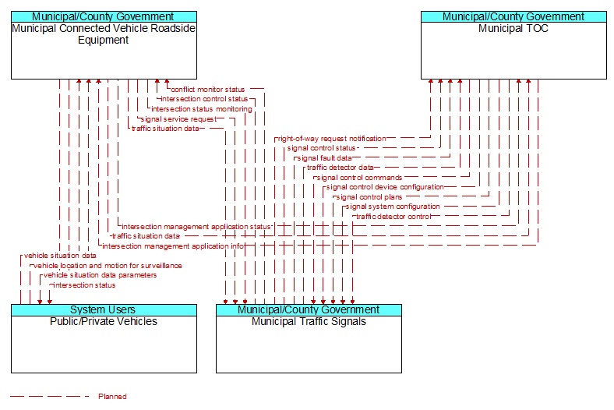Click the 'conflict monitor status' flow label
click(208, 90)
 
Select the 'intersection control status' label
click(204, 99)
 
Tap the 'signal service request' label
click(178, 119)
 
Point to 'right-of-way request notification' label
click(332, 139)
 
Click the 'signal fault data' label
click(325, 158)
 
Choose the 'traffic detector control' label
click(393, 217)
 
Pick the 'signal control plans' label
click(369, 197)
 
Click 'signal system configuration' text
click(393, 207)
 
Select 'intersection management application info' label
click(173, 246)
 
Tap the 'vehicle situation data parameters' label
click(101, 275)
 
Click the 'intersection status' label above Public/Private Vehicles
click(84, 285)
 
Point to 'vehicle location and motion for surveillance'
click(108, 266)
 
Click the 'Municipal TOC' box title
click(513, 29)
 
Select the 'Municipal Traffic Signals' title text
click(309, 321)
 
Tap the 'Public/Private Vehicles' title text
click(104, 321)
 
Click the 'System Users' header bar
click(104, 310)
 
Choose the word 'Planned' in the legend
click(112, 396)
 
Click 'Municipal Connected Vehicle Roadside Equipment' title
click(104, 34)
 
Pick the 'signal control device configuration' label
click(385, 187)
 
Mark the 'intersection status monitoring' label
click(202, 109)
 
